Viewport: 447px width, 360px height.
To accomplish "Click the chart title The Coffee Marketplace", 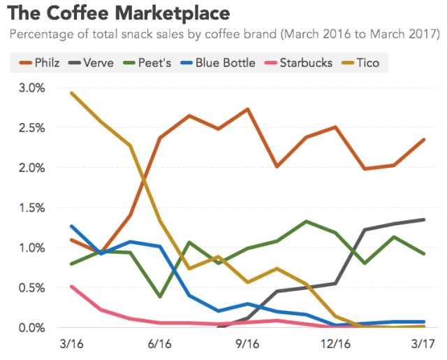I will point(119,13).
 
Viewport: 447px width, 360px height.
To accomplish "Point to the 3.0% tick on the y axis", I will point(31,87).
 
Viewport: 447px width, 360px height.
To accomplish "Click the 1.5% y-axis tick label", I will point(31,208).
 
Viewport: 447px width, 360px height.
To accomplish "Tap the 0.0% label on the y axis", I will point(31,327).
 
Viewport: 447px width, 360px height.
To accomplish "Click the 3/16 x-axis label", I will point(71,345).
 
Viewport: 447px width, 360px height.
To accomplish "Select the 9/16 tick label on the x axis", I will point(248,345).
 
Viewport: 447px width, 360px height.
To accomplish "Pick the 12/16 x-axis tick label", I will point(336,345).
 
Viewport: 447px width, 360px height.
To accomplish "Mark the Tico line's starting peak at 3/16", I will point(71,93).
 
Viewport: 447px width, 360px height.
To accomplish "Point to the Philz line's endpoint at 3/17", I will point(424,140).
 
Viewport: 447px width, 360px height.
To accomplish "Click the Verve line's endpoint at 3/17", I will point(424,219).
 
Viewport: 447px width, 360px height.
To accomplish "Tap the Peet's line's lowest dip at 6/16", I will point(160,296).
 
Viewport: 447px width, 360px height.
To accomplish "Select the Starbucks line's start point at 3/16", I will point(71,286).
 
